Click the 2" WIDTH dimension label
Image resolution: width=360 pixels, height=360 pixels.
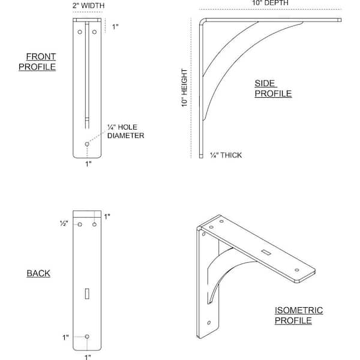pyautogui.click(x=88, y=5)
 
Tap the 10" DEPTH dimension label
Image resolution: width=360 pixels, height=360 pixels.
pyautogui.click(x=270, y=3)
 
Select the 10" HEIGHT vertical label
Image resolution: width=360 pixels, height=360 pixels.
pyautogui.click(x=185, y=88)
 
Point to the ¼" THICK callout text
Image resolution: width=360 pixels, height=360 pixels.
pyautogui.click(x=226, y=155)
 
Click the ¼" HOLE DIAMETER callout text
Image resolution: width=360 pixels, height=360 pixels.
pyautogui.click(x=125, y=131)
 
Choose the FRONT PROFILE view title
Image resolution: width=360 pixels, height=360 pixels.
pyautogui.click(x=37, y=62)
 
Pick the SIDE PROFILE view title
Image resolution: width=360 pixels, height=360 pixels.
pyautogui.click(x=273, y=88)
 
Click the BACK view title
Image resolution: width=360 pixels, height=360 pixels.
pyautogui.click(x=38, y=273)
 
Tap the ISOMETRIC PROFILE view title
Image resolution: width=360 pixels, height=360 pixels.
pyautogui.click(x=299, y=315)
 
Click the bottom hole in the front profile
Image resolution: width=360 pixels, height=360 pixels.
pyautogui.click(x=87, y=144)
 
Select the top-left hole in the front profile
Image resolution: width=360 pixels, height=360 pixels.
pyautogui.click(x=80, y=32)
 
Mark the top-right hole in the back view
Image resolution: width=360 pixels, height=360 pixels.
pyautogui.click(x=94, y=224)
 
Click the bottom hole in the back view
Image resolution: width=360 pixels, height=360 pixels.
pyautogui.click(x=87, y=337)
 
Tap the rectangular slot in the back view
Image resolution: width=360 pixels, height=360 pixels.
pyautogui.click(x=87, y=293)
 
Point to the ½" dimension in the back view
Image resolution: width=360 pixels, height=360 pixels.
pyautogui.click(x=64, y=223)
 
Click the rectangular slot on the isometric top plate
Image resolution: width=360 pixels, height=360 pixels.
pyautogui.click(x=266, y=252)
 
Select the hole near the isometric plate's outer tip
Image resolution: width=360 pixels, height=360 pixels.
pyautogui.click(x=297, y=270)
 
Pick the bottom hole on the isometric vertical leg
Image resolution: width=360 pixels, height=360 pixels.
pyautogui.click(x=209, y=323)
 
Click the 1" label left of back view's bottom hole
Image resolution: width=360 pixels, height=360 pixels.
pyautogui.click(x=65, y=337)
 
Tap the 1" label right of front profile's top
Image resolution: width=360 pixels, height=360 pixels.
pyautogui.click(x=115, y=26)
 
